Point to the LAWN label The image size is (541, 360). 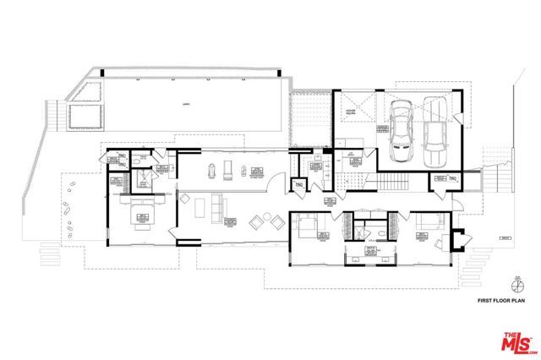point(184,104)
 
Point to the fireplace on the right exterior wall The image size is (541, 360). point(461,240)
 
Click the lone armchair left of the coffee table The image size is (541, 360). point(184,199)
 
